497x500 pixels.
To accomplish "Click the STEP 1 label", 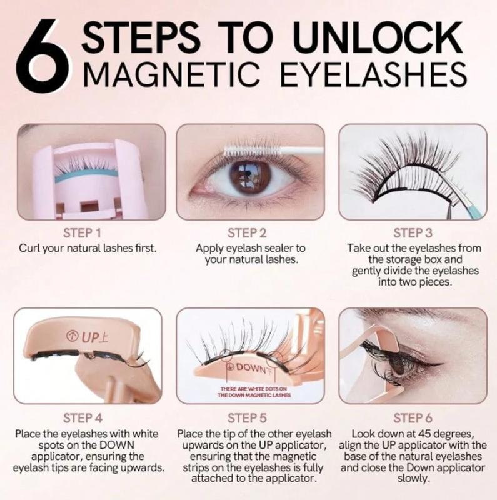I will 87,234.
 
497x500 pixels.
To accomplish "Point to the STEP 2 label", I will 249,234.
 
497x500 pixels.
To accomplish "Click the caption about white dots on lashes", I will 250,392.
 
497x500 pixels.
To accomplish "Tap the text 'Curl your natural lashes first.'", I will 87,248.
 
